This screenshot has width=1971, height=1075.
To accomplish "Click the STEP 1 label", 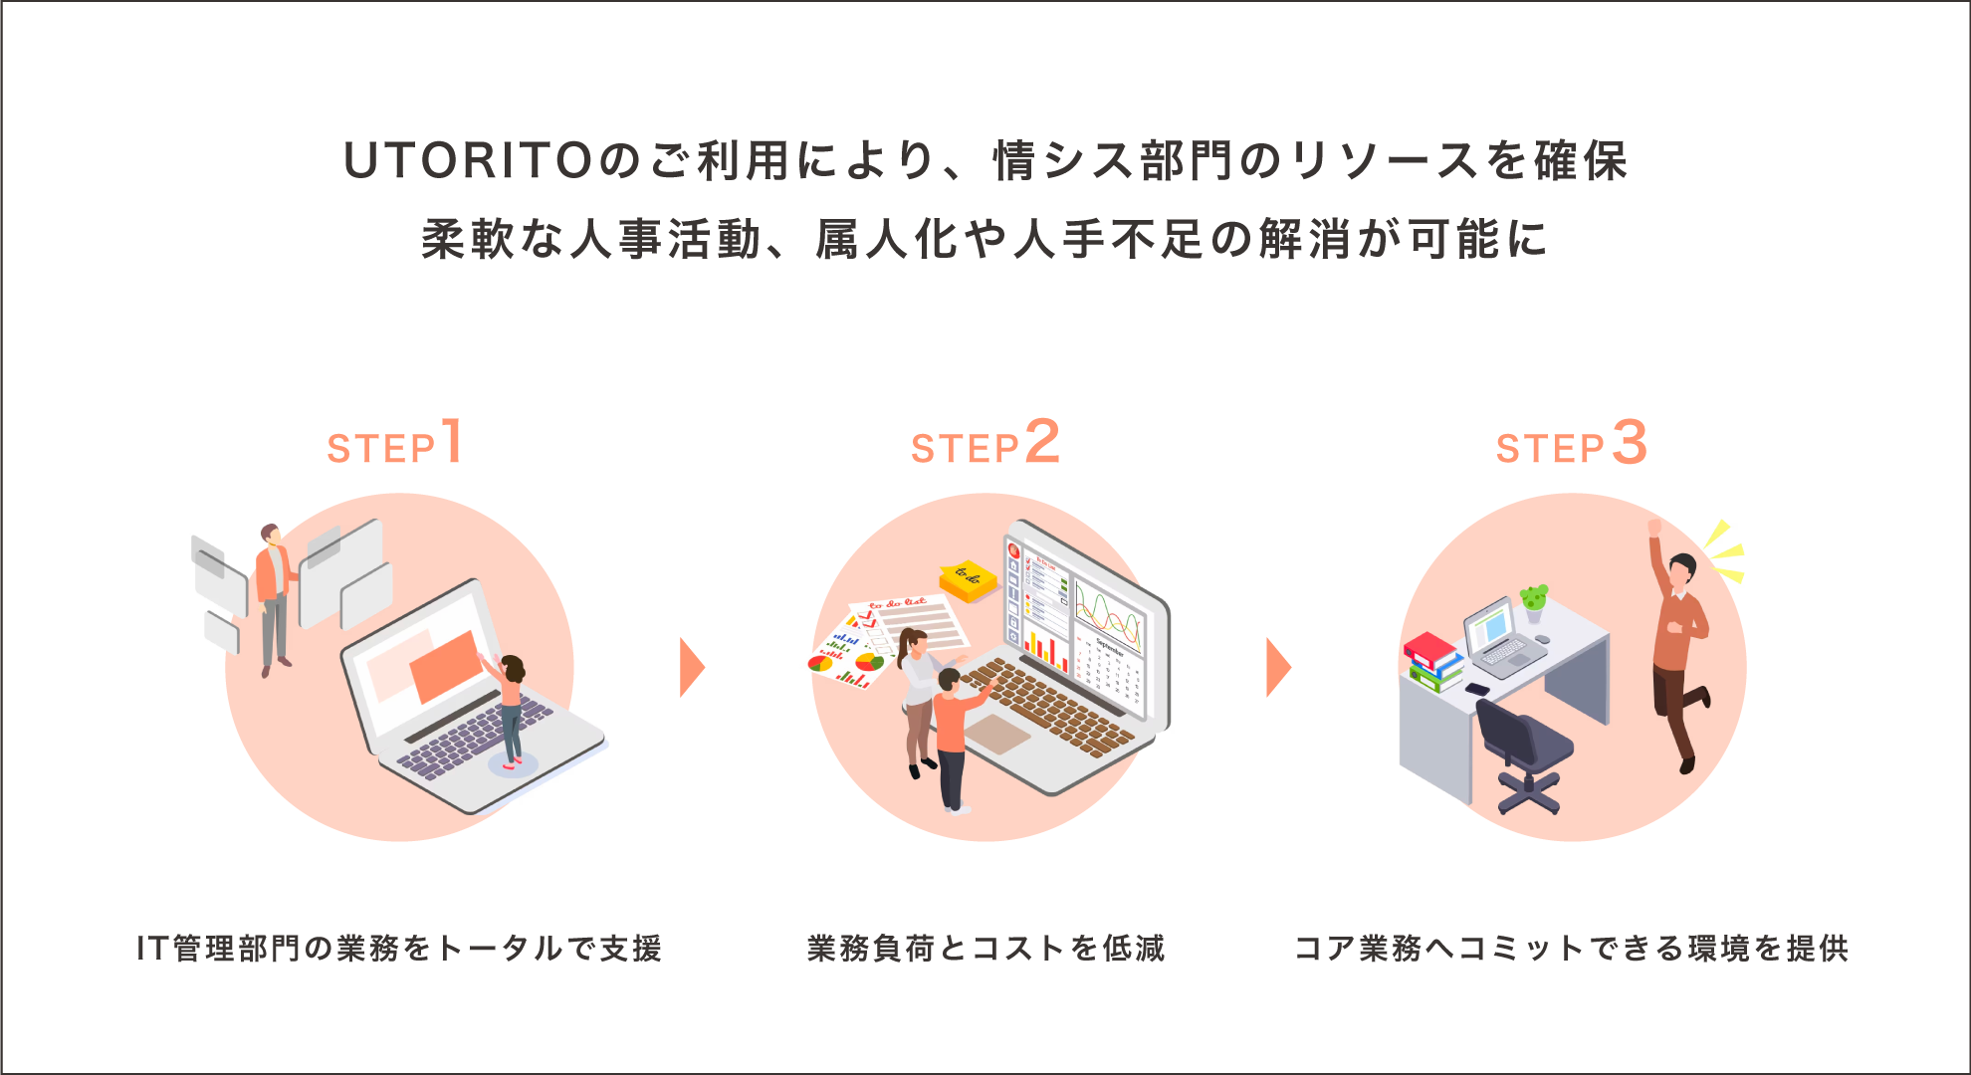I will pyautogui.click(x=395, y=444).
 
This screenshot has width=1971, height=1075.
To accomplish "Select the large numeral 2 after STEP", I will pyautogui.click(x=1042, y=441).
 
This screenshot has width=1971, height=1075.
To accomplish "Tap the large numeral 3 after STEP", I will pyautogui.click(x=1630, y=442).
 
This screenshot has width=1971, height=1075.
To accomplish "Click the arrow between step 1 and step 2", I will pyautogui.click(x=692, y=667).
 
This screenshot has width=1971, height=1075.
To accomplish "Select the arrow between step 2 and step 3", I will pyautogui.click(x=1278, y=667).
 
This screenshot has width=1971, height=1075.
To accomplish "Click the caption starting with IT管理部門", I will pyautogui.click(x=399, y=949).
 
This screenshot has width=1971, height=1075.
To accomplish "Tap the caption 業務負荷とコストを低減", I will pyautogui.click(x=985, y=949).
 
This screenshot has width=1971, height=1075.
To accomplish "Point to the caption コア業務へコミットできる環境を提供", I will pyautogui.click(x=1571, y=949).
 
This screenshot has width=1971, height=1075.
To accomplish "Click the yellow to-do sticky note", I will pyautogui.click(x=968, y=580).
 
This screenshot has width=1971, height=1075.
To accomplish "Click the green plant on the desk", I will pyautogui.click(x=1534, y=598).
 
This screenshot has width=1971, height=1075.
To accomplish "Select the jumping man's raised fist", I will pyautogui.click(x=1654, y=527).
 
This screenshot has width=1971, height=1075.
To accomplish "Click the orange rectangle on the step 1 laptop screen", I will pyautogui.click(x=445, y=664).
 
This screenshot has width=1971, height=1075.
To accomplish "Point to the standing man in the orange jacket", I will pyautogui.click(x=273, y=597).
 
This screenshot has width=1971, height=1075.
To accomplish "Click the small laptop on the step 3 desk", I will pyautogui.click(x=1502, y=637).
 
